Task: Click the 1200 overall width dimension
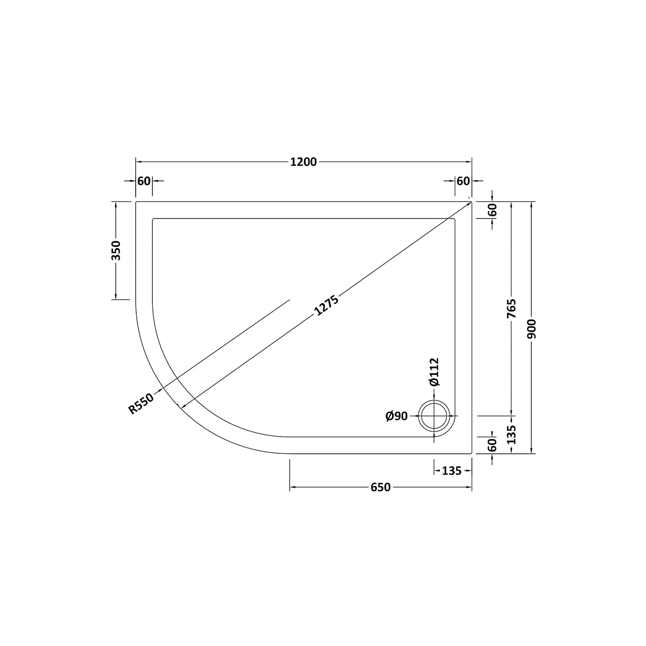(x=304, y=161)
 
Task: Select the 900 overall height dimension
(x=532, y=328)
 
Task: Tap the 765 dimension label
(x=511, y=309)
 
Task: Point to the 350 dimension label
(x=116, y=250)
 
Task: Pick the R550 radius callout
(x=141, y=403)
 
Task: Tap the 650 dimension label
(x=380, y=487)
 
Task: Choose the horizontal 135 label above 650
(x=451, y=471)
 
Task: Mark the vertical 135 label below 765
(x=511, y=434)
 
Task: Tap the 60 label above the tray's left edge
(x=144, y=181)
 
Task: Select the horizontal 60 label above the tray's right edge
(x=463, y=181)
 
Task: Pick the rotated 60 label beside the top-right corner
(x=491, y=210)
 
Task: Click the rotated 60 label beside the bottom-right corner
(x=491, y=445)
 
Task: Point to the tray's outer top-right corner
(x=472, y=201)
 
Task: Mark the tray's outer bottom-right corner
(x=472, y=453)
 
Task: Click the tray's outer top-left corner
(x=136, y=201)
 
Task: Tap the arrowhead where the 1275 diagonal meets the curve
(x=181, y=407)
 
